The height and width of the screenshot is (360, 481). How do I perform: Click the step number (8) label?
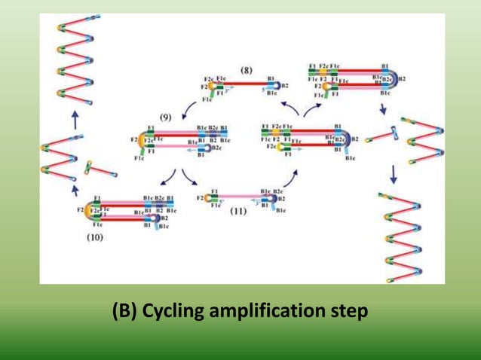pyautogui.click(x=247, y=70)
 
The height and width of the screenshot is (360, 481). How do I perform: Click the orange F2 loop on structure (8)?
pyautogui.click(x=213, y=87)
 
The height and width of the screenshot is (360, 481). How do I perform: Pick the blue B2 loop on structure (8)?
pyautogui.click(x=277, y=87)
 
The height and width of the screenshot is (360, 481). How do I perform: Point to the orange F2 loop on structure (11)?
pyautogui.click(x=204, y=199)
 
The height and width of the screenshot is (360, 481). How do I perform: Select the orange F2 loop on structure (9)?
pyautogui.click(x=142, y=141)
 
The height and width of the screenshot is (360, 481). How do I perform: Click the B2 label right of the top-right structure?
pyautogui.click(x=402, y=78)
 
